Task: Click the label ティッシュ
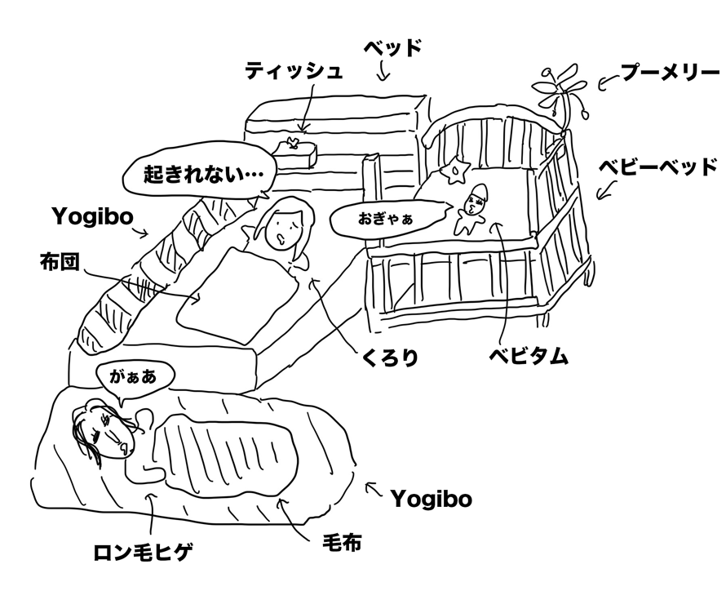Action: coord(294,70)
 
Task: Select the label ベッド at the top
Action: coord(392,47)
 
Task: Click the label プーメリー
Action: coord(669,75)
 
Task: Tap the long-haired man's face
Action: coord(104,430)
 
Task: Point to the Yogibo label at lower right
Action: coord(430,498)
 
